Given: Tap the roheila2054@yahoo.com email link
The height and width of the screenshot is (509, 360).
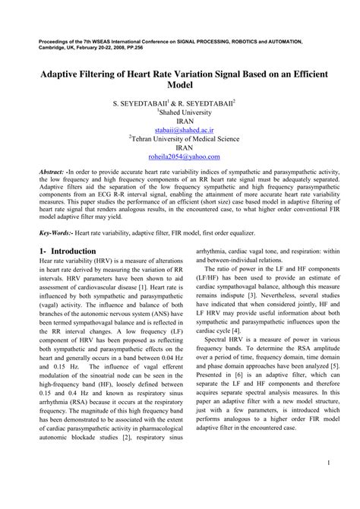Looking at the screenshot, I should pos(179,157).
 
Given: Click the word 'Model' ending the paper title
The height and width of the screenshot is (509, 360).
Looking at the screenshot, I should pos(180,87).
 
